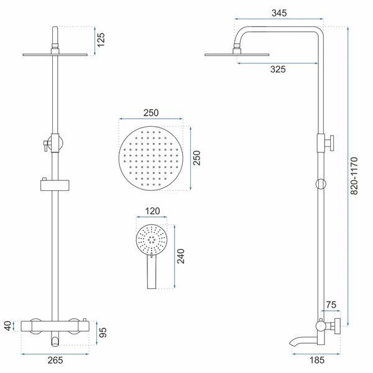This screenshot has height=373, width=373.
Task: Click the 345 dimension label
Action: pyautogui.click(x=279, y=13)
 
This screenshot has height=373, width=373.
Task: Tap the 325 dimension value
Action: pyautogui.click(x=278, y=69)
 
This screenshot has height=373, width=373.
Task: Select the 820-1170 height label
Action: pyautogui.click(x=354, y=176)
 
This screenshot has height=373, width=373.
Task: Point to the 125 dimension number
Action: pyautogui.click(x=101, y=40)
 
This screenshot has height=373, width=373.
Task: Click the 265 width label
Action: pyautogui.click(x=55, y=360)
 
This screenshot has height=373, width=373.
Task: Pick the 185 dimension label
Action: pyautogui.click(x=317, y=360)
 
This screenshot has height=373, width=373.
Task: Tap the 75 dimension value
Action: pyautogui.click(x=331, y=305)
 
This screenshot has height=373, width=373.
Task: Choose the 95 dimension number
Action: pyautogui.click(x=103, y=333)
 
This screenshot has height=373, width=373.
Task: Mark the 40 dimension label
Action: pyautogui.click(x=8, y=326)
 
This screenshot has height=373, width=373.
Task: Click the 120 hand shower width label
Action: pyautogui.click(x=152, y=211)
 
